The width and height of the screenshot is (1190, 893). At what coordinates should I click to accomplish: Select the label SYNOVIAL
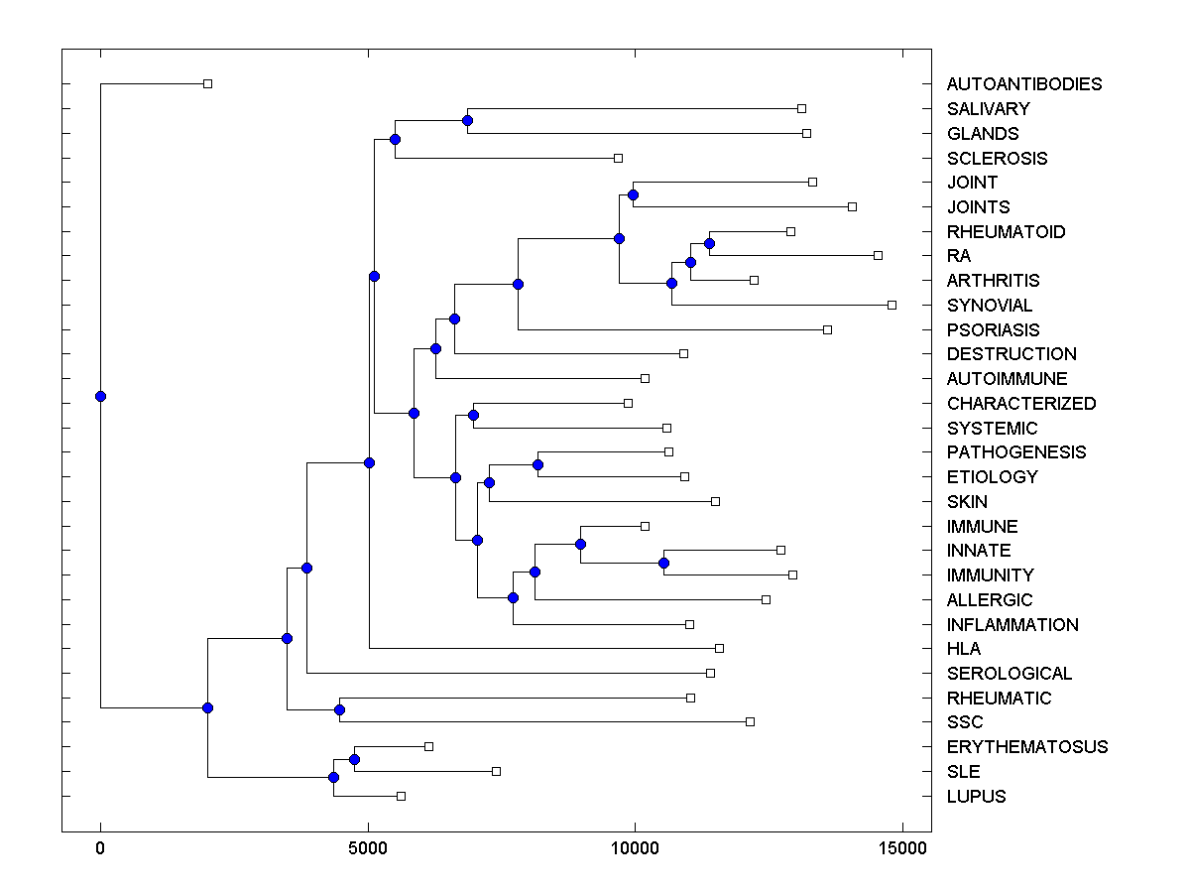coord(990,306)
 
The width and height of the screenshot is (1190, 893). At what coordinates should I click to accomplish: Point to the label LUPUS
coord(976,797)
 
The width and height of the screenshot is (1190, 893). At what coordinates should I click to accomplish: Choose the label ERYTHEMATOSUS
coord(1027,747)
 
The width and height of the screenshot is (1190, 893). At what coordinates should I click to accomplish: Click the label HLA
coord(964,649)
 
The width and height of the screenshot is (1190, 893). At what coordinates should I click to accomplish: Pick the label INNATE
coord(979,551)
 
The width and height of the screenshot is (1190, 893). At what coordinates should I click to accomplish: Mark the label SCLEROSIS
coord(997,158)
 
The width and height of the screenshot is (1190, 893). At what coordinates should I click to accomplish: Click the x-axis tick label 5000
coord(368,848)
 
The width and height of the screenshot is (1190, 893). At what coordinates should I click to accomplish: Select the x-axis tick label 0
coord(100,848)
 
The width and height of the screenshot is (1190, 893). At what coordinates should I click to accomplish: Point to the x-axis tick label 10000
coord(635,848)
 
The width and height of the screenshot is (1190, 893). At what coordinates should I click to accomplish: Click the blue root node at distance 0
coord(100,397)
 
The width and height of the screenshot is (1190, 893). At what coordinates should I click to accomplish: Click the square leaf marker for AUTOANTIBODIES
coord(207,83)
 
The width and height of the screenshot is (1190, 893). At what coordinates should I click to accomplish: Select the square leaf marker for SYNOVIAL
coord(892,305)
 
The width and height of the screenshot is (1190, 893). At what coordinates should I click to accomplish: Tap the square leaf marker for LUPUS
coord(402,796)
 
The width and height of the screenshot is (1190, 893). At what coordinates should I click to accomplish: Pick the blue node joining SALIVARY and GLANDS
coord(467,121)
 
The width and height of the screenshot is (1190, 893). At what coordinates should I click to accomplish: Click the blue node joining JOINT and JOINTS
coord(633,194)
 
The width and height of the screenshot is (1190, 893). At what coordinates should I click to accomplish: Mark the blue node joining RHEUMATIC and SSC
coord(339,709)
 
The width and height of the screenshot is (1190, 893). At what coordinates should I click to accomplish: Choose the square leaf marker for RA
coord(878,255)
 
